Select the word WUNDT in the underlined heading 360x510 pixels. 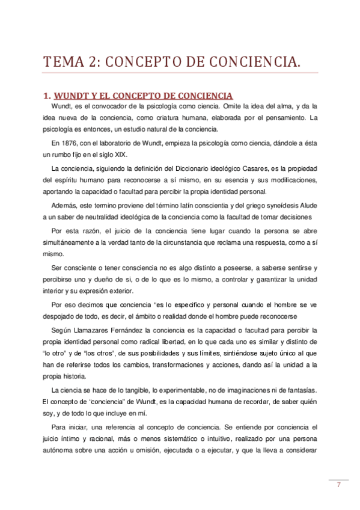point(71,96)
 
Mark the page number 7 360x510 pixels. point(339,485)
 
